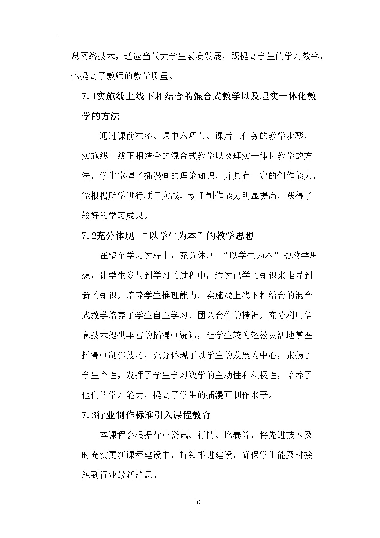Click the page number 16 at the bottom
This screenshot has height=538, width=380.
(x=197, y=502)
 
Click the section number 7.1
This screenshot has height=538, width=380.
(x=88, y=97)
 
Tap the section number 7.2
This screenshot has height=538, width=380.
(x=88, y=236)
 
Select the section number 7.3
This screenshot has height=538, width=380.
(x=88, y=415)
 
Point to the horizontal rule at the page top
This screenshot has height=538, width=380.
(x=190, y=35)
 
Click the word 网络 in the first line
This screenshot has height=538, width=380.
(x=89, y=56)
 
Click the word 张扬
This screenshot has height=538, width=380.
(x=295, y=355)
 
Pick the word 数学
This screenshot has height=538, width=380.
(x=197, y=375)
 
